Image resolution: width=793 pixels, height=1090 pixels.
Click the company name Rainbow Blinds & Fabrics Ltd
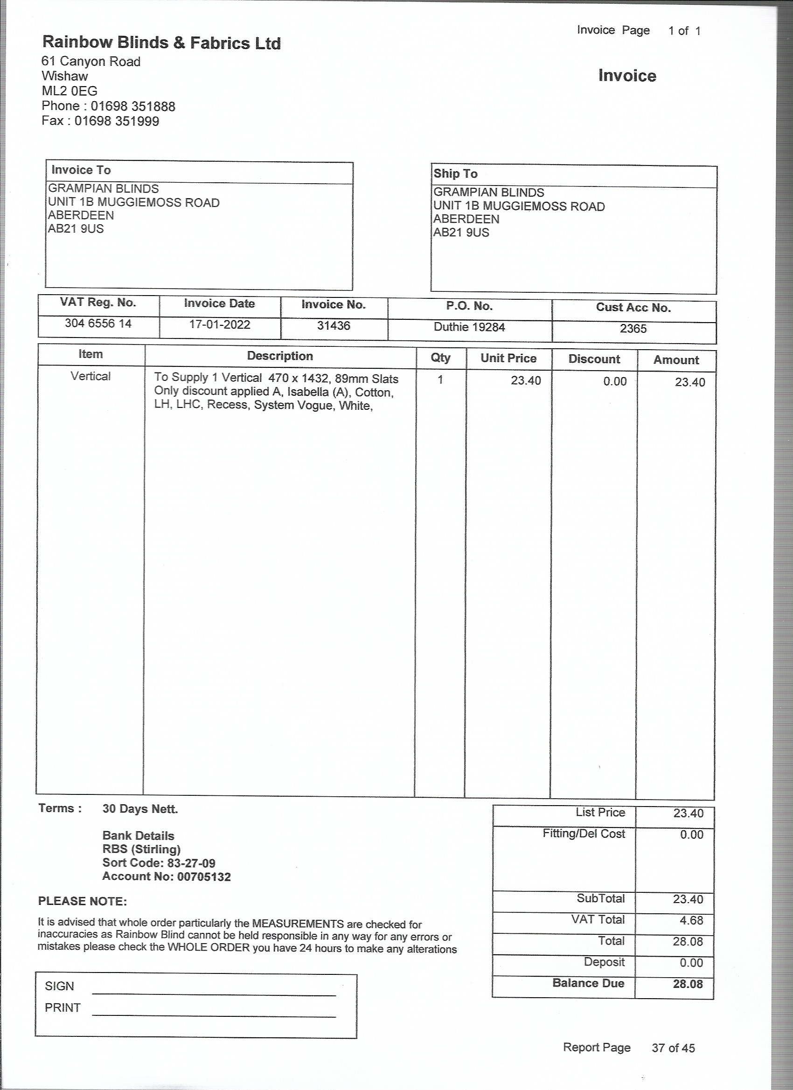pyautogui.click(x=161, y=43)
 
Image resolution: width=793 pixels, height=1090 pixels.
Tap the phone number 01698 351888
pyautogui.click(x=133, y=106)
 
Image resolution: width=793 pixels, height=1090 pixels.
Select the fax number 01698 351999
pyautogui.click(x=116, y=121)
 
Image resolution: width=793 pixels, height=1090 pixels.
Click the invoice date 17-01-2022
pyautogui.click(x=220, y=324)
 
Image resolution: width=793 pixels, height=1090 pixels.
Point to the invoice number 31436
pyautogui.click(x=333, y=326)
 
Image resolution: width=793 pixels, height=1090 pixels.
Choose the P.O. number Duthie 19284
pyautogui.click(x=469, y=327)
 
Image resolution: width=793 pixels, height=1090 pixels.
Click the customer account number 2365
pyautogui.click(x=633, y=329)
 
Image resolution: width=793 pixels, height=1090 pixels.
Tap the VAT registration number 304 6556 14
pyautogui.click(x=98, y=324)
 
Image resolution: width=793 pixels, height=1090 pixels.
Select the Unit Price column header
pyautogui.click(x=508, y=358)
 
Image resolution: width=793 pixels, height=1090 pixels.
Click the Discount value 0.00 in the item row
pyautogui.click(x=615, y=382)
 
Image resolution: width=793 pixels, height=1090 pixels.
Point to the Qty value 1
pyautogui.click(x=440, y=380)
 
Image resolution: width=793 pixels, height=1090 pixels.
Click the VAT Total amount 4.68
pyautogui.click(x=691, y=920)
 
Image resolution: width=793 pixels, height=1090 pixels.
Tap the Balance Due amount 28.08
pyautogui.click(x=688, y=984)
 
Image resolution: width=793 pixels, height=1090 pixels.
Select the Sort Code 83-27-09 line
pyautogui.click(x=159, y=862)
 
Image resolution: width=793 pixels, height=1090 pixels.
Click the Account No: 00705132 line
pyautogui.click(x=167, y=876)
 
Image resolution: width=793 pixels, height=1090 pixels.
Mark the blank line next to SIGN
pyautogui.click(x=214, y=994)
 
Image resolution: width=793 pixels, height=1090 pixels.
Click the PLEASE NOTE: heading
pyautogui.click(x=82, y=901)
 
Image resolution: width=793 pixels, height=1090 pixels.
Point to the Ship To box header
pyautogui.click(x=455, y=173)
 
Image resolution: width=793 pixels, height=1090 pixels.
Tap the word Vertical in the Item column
pyautogui.click(x=90, y=376)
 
